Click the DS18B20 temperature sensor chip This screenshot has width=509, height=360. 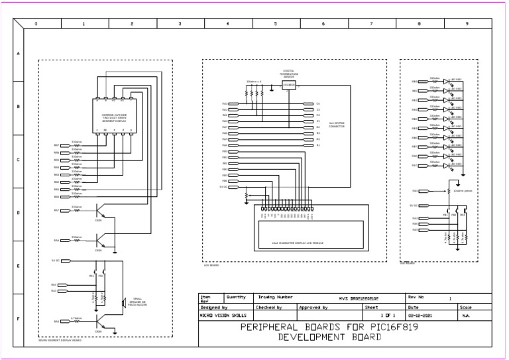[288, 85]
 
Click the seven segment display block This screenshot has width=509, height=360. [114, 115]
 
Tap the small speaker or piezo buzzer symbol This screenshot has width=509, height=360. [123, 303]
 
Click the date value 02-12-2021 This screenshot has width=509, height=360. [419, 316]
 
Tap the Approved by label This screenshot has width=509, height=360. [313, 308]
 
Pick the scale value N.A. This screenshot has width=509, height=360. [466, 316]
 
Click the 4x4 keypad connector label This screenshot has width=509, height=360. [336, 124]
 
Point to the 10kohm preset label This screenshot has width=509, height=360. [463, 190]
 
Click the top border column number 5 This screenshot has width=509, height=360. [275, 23]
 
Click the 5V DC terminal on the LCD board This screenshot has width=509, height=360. [224, 187]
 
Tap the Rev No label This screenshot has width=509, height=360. [416, 298]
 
